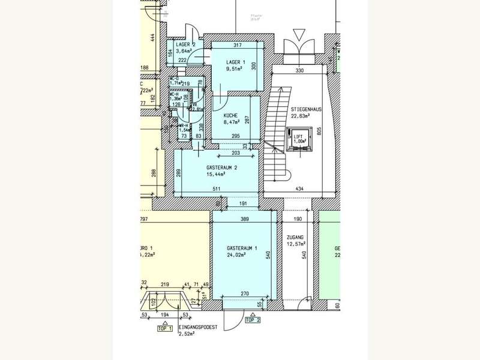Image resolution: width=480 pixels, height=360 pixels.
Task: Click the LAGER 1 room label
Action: coord(236,62)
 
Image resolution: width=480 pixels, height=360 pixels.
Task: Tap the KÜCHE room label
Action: coord(231,115)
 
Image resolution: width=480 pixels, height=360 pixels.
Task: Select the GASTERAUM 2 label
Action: coord(221,167)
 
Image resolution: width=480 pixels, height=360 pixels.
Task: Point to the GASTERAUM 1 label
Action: coord(242,248)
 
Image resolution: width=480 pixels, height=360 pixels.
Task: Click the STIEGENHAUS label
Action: coord(306,110)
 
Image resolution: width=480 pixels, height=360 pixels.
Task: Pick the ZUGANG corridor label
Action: coord(295,237)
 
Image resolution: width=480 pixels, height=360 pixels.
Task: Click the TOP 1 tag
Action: coord(165,329)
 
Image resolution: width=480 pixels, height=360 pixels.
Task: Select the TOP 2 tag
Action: coord(253,320)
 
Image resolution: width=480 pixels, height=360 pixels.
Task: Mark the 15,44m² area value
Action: coord(216,175)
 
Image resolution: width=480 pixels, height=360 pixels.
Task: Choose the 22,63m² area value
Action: coord(302,116)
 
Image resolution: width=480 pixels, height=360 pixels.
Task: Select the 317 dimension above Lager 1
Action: coord(237,45)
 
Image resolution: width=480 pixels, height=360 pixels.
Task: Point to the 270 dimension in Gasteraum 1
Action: coord(245,294)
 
